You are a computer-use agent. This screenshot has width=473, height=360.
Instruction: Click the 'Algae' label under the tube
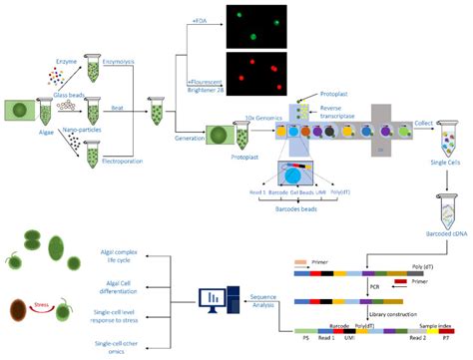point(47,130)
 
